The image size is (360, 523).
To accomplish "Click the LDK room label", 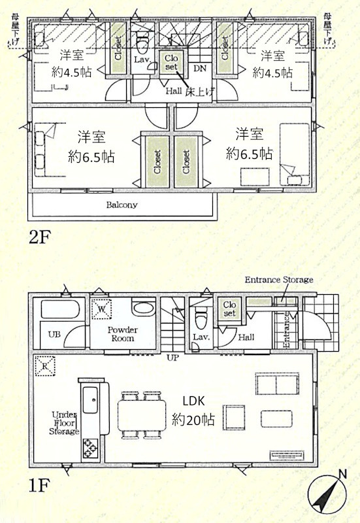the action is pyautogui.click(x=193, y=401).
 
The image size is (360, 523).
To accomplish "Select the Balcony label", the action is pyautogui.click(x=122, y=205).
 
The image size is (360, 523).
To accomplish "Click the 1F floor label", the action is pyautogui.click(x=39, y=485).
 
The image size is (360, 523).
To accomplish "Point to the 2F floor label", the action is pyautogui.click(x=39, y=237).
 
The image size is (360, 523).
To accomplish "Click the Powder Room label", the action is pyautogui.click(x=122, y=334).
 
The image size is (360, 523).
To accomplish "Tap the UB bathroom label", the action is pyautogui.click(x=54, y=334).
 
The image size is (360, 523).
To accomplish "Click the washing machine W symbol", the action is pyautogui.click(x=102, y=309).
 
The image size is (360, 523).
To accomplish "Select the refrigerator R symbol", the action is pyautogui.click(x=45, y=366).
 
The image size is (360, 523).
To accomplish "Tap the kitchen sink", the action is pyautogui.click(x=91, y=399).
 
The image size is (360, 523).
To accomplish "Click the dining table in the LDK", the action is pyautogui.click(x=142, y=415).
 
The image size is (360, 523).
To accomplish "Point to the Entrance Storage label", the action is pyautogui.click(x=279, y=280).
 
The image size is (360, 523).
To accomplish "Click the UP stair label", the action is pyautogui.click(x=172, y=358).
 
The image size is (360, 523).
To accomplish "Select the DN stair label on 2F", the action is pyautogui.click(x=201, y=69).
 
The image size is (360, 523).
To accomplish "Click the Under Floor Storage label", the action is pyautogui.click(x=64, y=423).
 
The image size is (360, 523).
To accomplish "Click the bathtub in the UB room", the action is pyautogui.click(x=60, y=309).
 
